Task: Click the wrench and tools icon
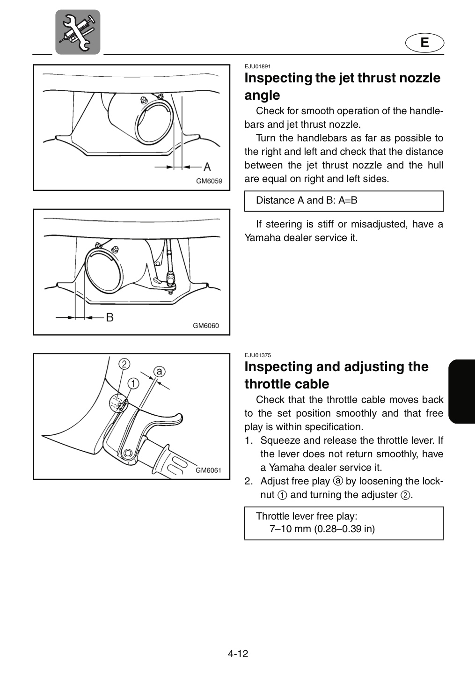coord(78,32)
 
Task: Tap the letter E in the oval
coord(424,43)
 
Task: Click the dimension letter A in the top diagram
coord(207,167)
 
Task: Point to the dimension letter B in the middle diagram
coord(110,317)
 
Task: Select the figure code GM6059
coord(209,181)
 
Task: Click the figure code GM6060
coord(206,326)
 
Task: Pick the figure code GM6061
coord(208,470)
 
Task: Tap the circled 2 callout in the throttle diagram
coord(124,364)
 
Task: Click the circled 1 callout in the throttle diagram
coord(133,383)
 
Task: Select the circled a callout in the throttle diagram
coord(160,371)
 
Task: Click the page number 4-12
coord(238,653)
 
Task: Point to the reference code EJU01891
coord(257,66)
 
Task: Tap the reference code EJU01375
coord(257,355)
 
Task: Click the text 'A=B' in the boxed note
coord(348,200)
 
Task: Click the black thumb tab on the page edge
coord(461,391)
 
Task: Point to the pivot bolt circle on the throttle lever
coord(128,453)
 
